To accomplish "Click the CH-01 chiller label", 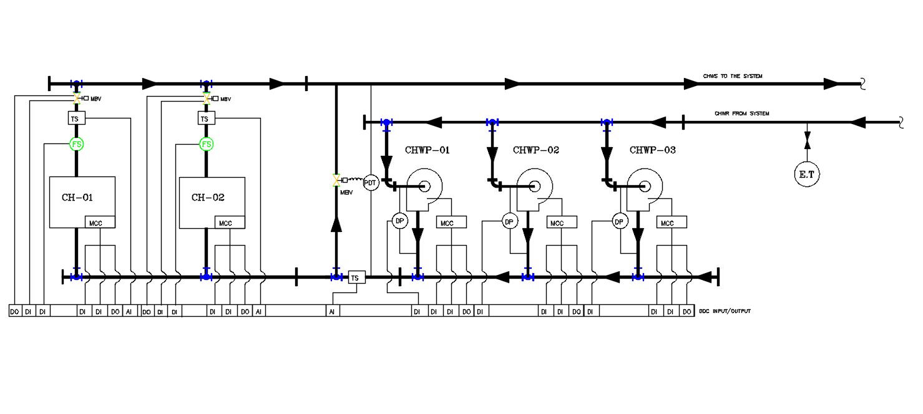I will pos(77,198).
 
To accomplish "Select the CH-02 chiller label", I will pos(207,198).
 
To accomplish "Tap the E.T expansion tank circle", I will pos(806,175).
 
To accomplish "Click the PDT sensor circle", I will pos(371,183).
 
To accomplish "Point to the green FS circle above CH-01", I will pos(76,144).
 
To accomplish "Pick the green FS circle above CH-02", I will pos(207,144).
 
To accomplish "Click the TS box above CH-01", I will pos(76,118).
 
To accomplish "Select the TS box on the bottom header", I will pos(356,277).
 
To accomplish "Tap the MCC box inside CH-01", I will pos(100,223).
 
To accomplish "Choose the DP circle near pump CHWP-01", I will pos(399,221).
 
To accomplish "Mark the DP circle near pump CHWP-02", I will pos(509,221).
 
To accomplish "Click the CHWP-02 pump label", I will pos(535,150).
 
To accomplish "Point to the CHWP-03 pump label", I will pos(652,150).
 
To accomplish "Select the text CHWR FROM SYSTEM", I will pos(741,113).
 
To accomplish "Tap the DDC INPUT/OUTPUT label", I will pos(725,310).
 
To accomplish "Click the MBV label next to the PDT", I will pos(346,193).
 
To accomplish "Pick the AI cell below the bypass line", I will pos(333,310).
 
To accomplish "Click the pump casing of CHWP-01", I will pos(425,186).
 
